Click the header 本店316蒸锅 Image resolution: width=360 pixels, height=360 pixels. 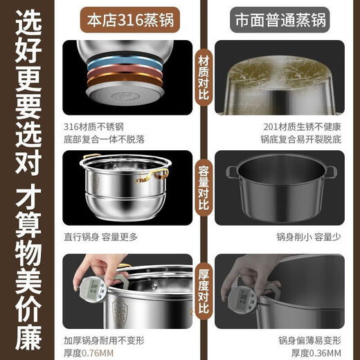(x=127, y=19)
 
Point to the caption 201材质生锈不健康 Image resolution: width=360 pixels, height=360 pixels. (x=311, y=125)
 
